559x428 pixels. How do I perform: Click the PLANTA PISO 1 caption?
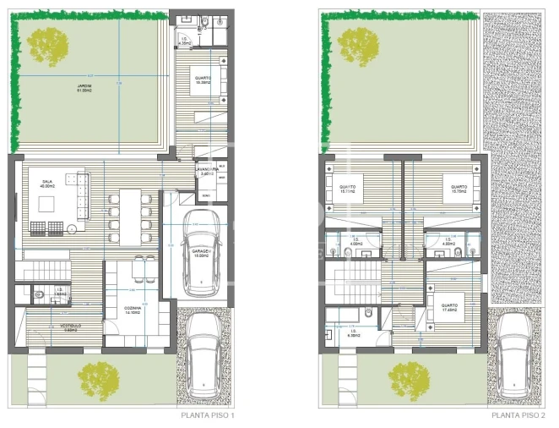208,415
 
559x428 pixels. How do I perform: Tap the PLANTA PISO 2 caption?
518,415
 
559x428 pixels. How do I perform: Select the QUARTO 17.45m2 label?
448,308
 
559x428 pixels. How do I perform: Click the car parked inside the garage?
202,251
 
